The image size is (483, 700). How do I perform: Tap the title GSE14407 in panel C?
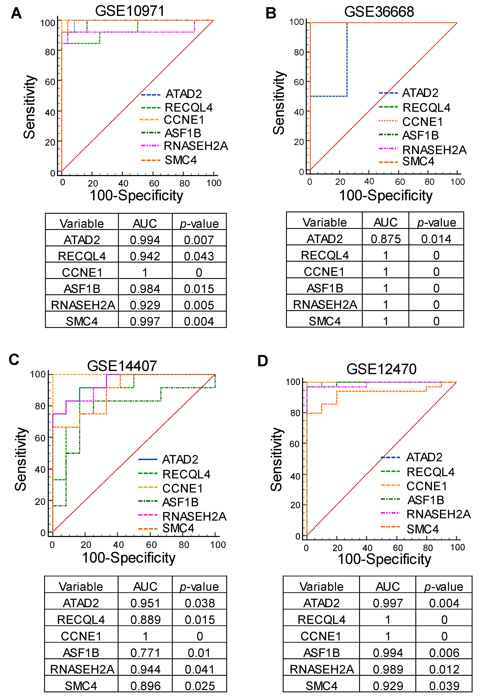pyautogui.click(x=122, y=366)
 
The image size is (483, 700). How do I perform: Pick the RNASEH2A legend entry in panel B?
pyautogui.click(x=434, y=150)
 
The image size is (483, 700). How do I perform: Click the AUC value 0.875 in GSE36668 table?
pyautogui.click(x=386, y=239)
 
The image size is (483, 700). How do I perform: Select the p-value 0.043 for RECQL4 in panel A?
pyautogui.click(x=199, y=256)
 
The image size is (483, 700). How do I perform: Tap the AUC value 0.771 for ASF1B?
pyautogui.click(x=145, y=653)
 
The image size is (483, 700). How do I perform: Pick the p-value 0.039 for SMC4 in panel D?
pyautogui.click(x=444, y=686)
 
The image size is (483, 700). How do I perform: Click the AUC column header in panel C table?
pyautogui.click(x=145, y=587)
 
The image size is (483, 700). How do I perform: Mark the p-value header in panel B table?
pyautogui.click(x=436, y=222)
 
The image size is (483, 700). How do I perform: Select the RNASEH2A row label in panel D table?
pyautogui.click(x=322, y=669)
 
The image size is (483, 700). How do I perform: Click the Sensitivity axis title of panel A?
pyautogui.click(x=30, y=107)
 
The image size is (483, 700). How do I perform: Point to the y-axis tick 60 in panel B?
pyautogui.click(x=299, y=82)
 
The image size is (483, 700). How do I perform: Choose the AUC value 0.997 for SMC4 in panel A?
pyautogui.click(x=145, y=321)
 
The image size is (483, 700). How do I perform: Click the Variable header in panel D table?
pyautogui.click(x=321, y=587)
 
